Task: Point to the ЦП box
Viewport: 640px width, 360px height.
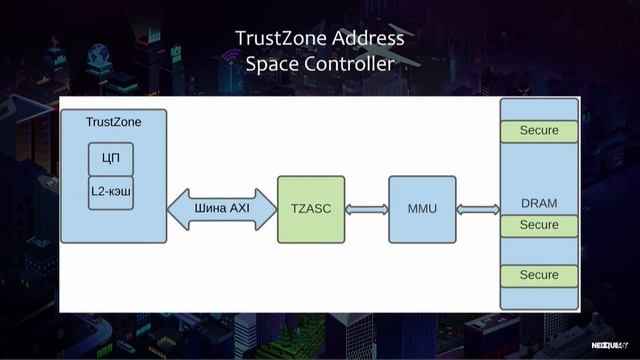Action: pyautogui.click(x=111, y=157)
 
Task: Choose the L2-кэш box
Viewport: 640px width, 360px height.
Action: pyautogui.click(x=111, y=191)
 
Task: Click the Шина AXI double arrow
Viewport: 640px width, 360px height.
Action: pyautogui.click(x=221, y=209)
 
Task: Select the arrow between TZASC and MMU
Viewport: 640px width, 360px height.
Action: pyautogui.click(x=366, y=209)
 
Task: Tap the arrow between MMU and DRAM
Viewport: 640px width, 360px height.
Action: pyautogui.click(x=478, y=209)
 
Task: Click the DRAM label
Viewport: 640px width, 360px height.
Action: pyautogui.click(x=539, y=203)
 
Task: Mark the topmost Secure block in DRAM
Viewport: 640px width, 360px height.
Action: pyautogui.click(x=539, y=131)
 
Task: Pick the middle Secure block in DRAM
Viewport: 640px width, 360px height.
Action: pyautogui.click(x=539, y=226)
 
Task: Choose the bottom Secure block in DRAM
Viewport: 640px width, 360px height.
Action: pyautogui.click(x=539, y=275)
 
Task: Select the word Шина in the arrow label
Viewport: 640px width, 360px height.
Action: pyautogui.click(x=209, y=209)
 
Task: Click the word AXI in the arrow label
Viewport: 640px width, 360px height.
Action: pyautogui.click(x=239, y=209)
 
